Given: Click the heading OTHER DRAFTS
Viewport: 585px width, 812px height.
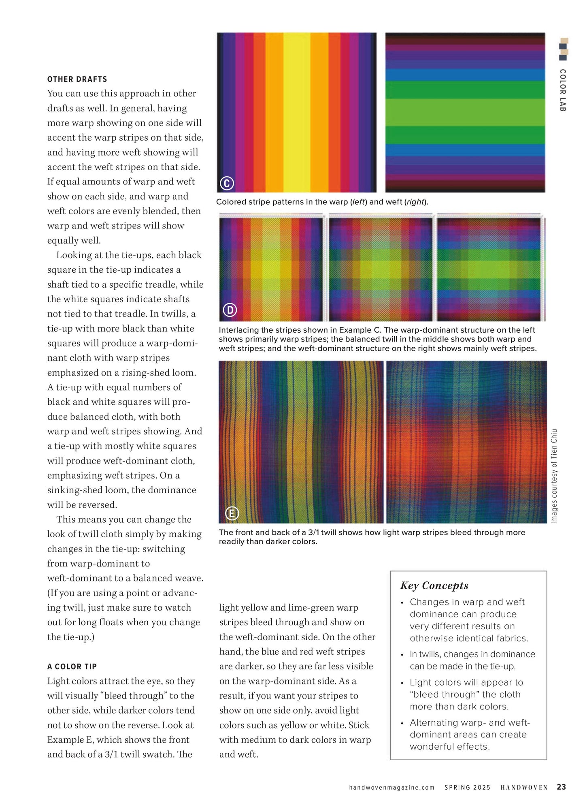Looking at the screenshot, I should [77, 79].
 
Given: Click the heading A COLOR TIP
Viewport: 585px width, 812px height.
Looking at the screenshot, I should [72, 667].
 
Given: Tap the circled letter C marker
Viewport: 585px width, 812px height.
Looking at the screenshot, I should [227, 183].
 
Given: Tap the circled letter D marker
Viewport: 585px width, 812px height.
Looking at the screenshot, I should [230, 310].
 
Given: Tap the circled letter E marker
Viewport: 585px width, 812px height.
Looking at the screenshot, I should [232, 513].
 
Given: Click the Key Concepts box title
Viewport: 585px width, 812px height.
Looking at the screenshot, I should [434, 585].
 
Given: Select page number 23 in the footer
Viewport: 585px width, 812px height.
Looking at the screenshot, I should [561, 787].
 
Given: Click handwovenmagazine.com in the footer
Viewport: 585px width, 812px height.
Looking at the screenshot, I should [391, 787].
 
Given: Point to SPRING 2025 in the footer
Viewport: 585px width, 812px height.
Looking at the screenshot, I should [467, 787].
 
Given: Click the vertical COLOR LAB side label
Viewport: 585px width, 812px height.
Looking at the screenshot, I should [562, 90].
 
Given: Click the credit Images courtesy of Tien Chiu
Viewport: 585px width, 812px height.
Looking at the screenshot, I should [554, 476].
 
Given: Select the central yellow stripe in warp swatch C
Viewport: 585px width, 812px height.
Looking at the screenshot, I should [296, 112].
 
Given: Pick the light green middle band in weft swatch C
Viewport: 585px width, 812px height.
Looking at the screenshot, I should [465, 112].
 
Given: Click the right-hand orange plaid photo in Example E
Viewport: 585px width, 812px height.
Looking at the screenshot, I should [466, 442].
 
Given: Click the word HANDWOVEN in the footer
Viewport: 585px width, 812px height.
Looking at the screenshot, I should [524, 787].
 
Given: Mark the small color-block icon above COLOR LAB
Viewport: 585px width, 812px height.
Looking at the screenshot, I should [563, 49].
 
